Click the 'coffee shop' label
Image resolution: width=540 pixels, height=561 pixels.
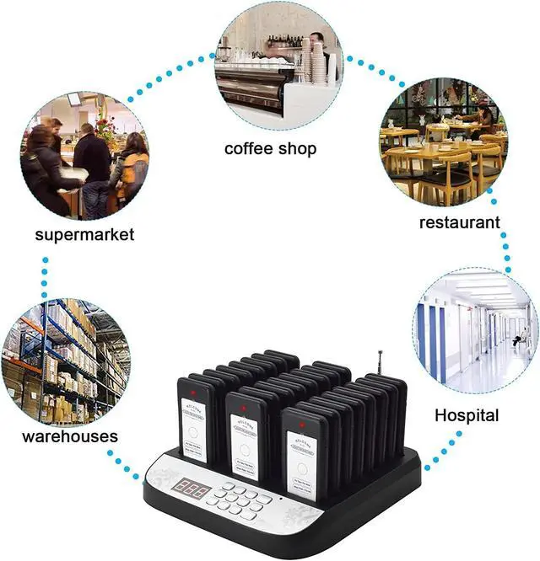coord(270,149)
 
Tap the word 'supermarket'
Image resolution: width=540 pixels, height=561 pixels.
coord(84,234)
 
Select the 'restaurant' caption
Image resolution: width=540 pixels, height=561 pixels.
coord(460,222)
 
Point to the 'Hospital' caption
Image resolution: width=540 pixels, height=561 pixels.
coord(467,415)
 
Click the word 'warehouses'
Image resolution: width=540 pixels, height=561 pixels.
coord(70,437)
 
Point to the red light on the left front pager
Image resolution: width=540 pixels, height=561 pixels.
coord(193,393)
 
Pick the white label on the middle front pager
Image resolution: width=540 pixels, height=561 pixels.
coord(246,443)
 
